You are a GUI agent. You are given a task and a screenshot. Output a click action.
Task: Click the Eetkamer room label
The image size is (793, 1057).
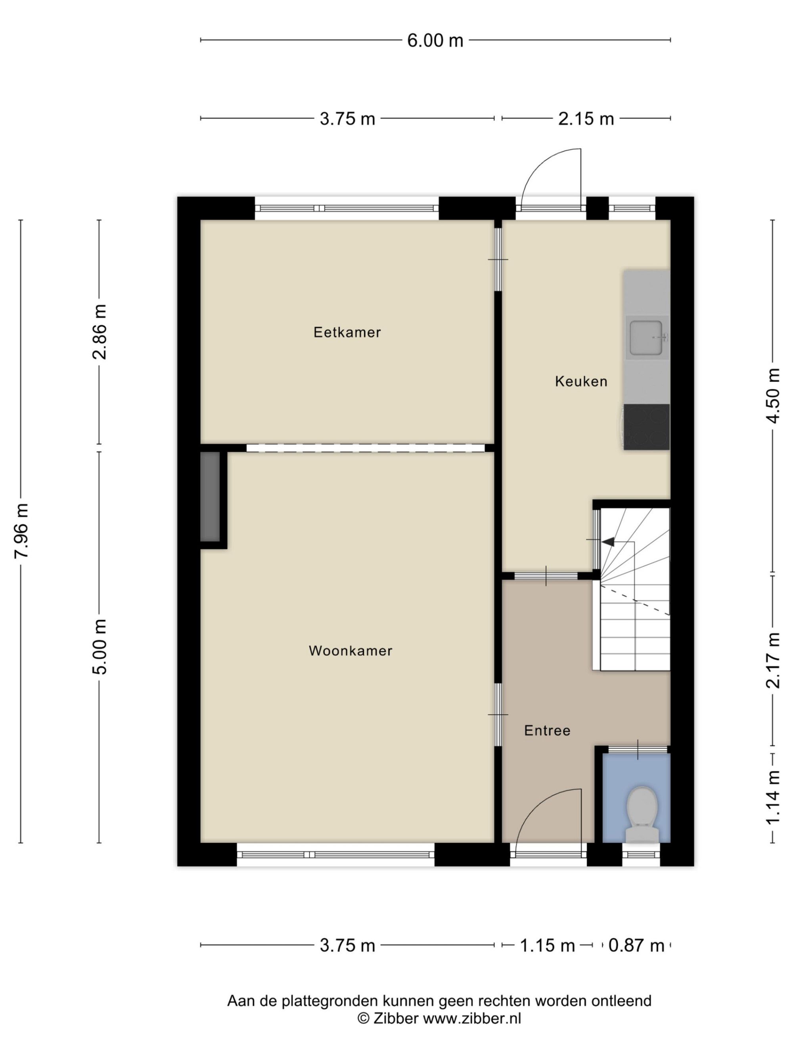[x=347, y=332]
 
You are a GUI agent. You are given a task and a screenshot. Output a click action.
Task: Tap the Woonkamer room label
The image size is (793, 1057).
[x=351, y=650]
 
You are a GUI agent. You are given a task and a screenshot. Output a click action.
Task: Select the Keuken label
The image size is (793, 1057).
[x=581, y=381]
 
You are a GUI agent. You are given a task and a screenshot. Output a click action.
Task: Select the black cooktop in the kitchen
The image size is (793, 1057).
[x=646, y=427]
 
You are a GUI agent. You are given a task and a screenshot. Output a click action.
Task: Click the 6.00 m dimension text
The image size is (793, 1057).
[x=435, y=40]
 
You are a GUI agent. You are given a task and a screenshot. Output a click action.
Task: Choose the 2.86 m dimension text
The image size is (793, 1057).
[x=100, y=332]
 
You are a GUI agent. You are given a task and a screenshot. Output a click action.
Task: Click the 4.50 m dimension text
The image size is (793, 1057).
[x=773, y=396]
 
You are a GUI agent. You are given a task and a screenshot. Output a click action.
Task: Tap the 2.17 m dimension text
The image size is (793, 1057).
[x=773, y=660]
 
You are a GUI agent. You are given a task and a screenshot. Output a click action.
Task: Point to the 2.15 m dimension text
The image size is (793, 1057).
[x=586, y=119]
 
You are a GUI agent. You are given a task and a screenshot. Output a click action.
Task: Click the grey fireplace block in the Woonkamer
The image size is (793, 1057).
[x=210, y=497]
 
